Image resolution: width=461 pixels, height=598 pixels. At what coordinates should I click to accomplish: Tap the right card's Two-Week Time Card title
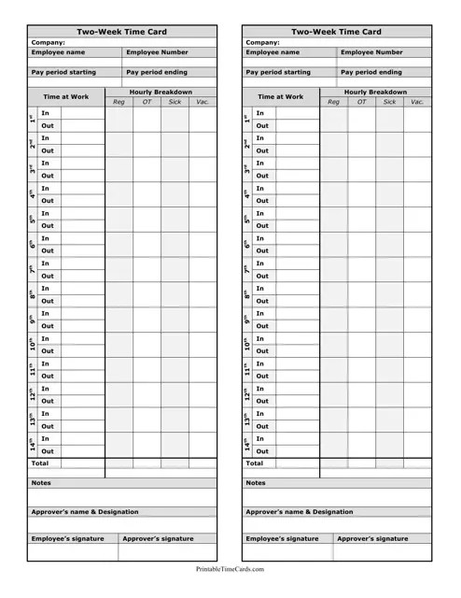pos(337,32)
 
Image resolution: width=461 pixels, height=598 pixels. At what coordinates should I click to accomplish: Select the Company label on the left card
pos(48,42)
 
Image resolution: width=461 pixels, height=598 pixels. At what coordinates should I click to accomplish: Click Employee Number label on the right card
pos(371,52)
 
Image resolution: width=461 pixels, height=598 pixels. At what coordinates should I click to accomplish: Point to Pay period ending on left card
pos(157,72)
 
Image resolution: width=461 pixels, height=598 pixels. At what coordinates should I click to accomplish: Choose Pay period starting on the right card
pos(278,72)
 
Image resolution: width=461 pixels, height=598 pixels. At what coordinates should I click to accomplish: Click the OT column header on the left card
pos(147,102)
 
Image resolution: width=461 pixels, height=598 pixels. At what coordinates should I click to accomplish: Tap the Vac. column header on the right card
pos(417,102)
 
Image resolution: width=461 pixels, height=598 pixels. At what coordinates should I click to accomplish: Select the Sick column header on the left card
pos(175,102)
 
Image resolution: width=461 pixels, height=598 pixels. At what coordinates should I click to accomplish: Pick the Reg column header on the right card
pos(333,102)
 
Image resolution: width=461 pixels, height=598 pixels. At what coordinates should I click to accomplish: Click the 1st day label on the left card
pos(32,120)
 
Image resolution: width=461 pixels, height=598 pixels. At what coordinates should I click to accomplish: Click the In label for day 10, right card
pos(260,338)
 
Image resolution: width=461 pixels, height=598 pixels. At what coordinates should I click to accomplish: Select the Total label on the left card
pos(40,463)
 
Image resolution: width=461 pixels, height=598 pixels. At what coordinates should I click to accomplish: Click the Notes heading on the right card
pos(256,483)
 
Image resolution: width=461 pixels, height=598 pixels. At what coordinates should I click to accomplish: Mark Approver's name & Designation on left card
pos(85,512)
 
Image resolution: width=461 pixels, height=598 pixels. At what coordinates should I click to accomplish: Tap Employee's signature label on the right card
pos(282,539)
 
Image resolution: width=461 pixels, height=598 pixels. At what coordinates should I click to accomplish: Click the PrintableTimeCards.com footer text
pos(230,568)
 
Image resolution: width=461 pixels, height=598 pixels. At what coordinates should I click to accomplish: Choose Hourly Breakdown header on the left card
pos(161,93)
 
